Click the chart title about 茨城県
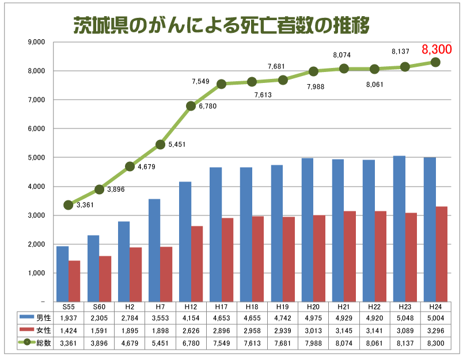click(x=221, y=25)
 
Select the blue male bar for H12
click(x=185, y=241)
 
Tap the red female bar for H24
click(x=441, y=253)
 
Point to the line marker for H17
click(x=222, y=84)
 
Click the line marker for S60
click(x=99, y=189)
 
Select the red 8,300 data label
click(x=437, y=49)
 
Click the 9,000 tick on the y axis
click(x=36, y=43)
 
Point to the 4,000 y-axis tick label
click(x=36, y=187)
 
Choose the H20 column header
click(x=313, y=307)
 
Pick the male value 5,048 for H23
click(x=405, y=317)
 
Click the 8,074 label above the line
click(x=342, y=55)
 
